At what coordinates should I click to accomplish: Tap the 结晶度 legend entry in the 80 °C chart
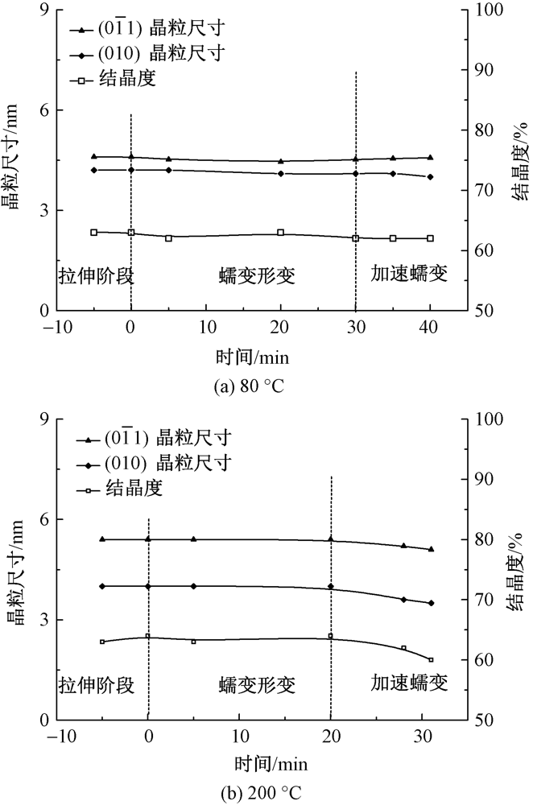point(129,78)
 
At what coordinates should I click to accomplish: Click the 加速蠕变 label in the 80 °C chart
point(408,273)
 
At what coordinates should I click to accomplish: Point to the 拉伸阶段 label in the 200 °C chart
point(96,685)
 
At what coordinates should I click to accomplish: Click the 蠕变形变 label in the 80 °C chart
point(257,276)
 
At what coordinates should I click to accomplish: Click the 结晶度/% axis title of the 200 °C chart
point(518,569)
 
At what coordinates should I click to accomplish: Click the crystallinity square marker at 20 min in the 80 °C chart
point(280,233)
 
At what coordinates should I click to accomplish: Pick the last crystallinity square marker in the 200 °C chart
point(431,660)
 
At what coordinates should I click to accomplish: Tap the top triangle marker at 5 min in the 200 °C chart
point(193,539)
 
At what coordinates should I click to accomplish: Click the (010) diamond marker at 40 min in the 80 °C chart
point(431,177)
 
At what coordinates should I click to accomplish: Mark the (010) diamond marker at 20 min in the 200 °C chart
point(331,587)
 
